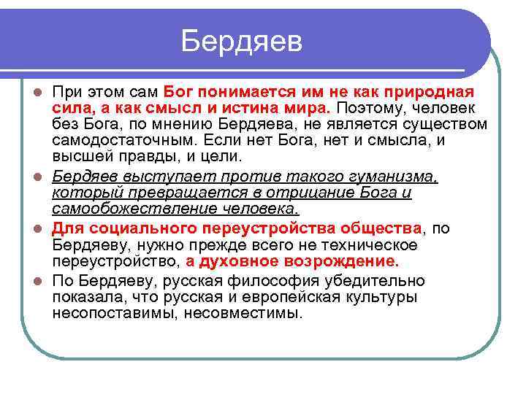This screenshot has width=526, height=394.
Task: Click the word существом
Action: point(439,125)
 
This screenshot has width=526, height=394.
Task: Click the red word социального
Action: point(134,228)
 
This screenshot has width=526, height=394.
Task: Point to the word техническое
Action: point(368,244)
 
